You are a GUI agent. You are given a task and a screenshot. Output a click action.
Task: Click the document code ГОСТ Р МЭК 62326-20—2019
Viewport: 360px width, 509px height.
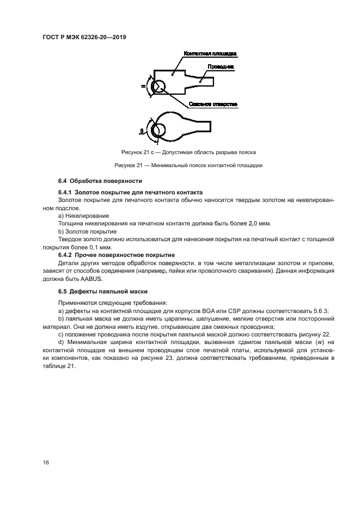(88, 38)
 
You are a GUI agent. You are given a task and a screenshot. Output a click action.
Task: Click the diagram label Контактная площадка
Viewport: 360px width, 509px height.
(210, 54)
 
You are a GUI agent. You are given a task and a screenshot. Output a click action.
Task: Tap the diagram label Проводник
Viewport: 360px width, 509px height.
(221, 67)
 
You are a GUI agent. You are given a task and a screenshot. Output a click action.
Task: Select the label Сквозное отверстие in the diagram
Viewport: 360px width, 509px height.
(213, 103)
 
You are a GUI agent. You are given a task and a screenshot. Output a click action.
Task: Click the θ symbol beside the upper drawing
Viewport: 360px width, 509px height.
(143, 87)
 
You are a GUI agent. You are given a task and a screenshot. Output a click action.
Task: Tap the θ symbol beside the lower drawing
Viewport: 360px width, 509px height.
(142, 131)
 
